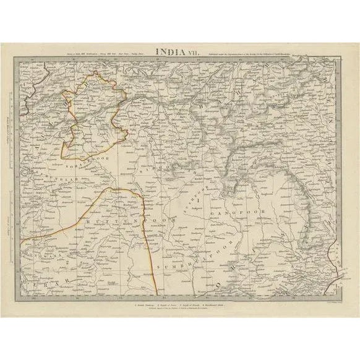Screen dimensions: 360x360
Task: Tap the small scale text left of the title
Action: click(x=102, y=55)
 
